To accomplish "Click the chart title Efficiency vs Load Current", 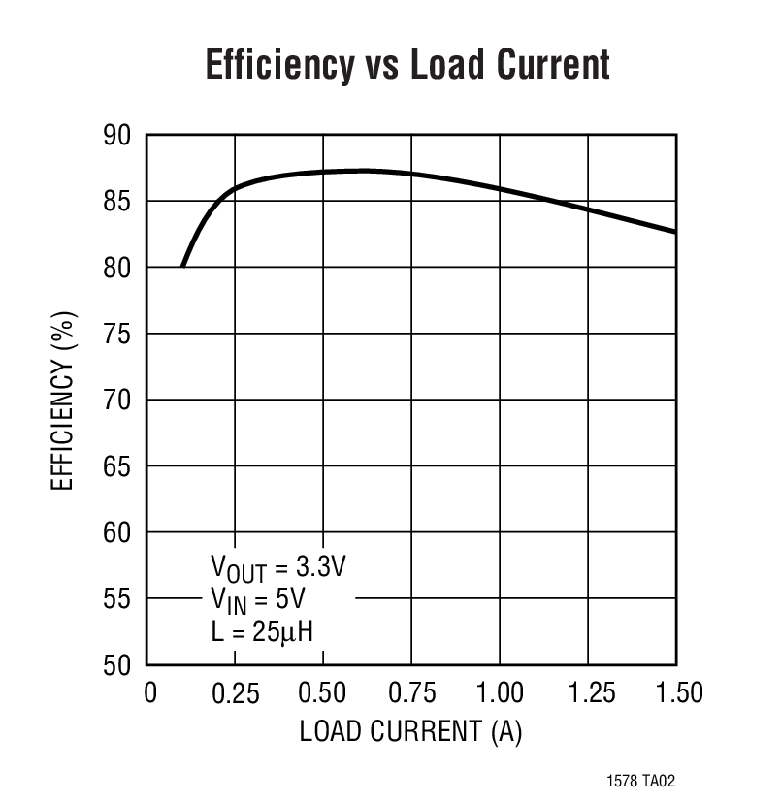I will pyautogui.click(x=407, y=65).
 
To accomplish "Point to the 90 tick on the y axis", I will pyautogui.click(x=117, y=135).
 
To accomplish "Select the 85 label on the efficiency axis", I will pyautogui.click(x=117, y=201).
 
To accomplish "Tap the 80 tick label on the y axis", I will pyautogui.click(x=117, y=268).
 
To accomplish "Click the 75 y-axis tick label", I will pyautogui.click(x=117, y=334).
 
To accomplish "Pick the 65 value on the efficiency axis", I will pyautogui.click(x=117, y=466).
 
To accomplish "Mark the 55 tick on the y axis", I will pyautogui.click(x=117, y=599).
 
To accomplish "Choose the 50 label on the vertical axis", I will pyautogui.click(x=117, y=665).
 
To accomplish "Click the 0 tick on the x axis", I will pyautogui.click(x=149, y=693).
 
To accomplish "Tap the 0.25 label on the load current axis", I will pyautogui.click(x=236, y=693).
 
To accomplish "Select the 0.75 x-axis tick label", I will pyautogui.click(x=411, y=693).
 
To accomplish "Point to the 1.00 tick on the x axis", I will pyautogui.click(x=499, y=693).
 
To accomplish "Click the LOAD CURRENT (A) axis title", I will pyautogui.click(x=410, y=731).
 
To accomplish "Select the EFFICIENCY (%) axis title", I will pyautogui.click(x=63, y=400).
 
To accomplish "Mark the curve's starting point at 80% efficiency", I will pyautogui.click(x=182, y=266).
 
